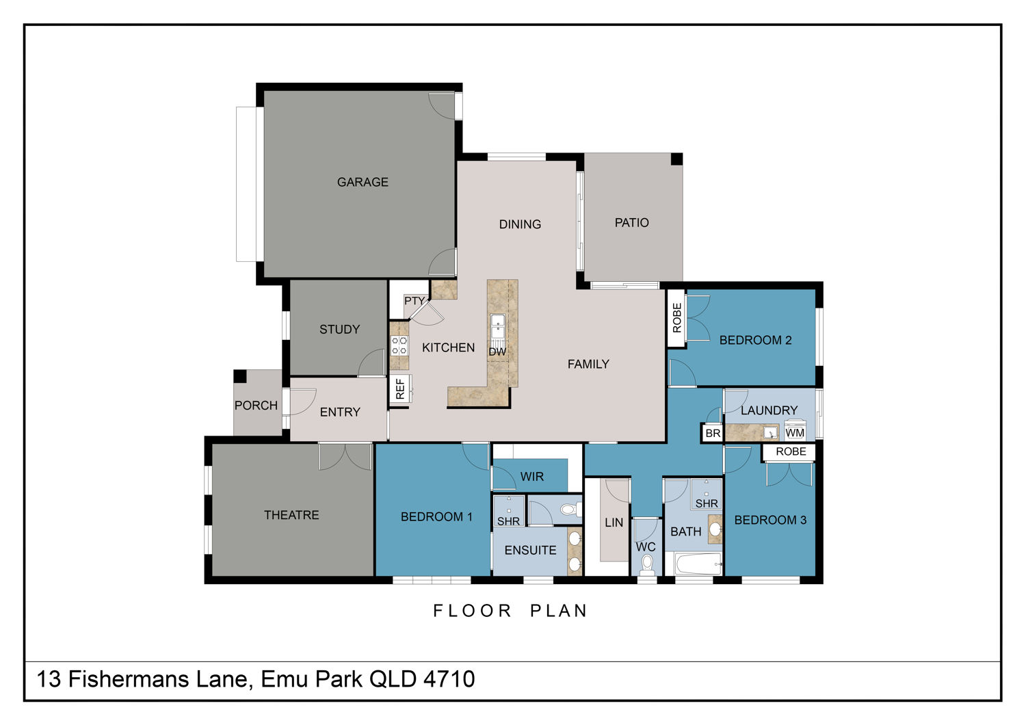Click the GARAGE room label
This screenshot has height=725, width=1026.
(363, 182)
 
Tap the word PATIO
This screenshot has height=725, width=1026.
(631, 222)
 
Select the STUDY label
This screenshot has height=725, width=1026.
(339, 329)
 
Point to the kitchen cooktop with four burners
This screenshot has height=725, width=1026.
(399, 345)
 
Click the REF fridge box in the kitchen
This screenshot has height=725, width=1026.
(400, 389)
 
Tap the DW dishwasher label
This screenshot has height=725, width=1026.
(497, 352)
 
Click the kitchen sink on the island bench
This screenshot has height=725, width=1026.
(497, 326)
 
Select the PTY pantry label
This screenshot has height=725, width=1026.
(415, 301)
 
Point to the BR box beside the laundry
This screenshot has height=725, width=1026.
(712, 433)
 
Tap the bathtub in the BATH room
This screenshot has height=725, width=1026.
(698, 564)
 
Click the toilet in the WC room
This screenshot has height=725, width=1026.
(647, 565)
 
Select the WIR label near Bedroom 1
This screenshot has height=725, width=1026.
(531, 477)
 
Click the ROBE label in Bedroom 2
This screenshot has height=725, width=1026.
(676, 318)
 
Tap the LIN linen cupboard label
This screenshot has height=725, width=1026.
(614, 523)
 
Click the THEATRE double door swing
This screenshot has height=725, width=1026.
(345, 457)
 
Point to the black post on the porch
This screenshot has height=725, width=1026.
(240, 376)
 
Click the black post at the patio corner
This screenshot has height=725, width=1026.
(676, 159)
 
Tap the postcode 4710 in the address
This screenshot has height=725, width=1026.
(449, 678)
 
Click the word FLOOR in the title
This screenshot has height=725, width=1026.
(472, 611)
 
